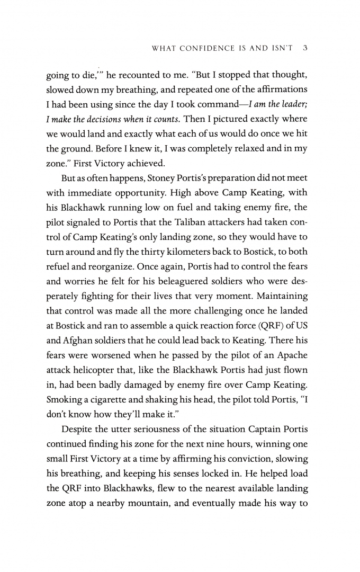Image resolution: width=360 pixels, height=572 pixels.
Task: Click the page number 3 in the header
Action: [x=306, y=49]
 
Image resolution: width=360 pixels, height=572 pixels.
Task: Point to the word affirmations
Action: [x=280, y=89]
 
